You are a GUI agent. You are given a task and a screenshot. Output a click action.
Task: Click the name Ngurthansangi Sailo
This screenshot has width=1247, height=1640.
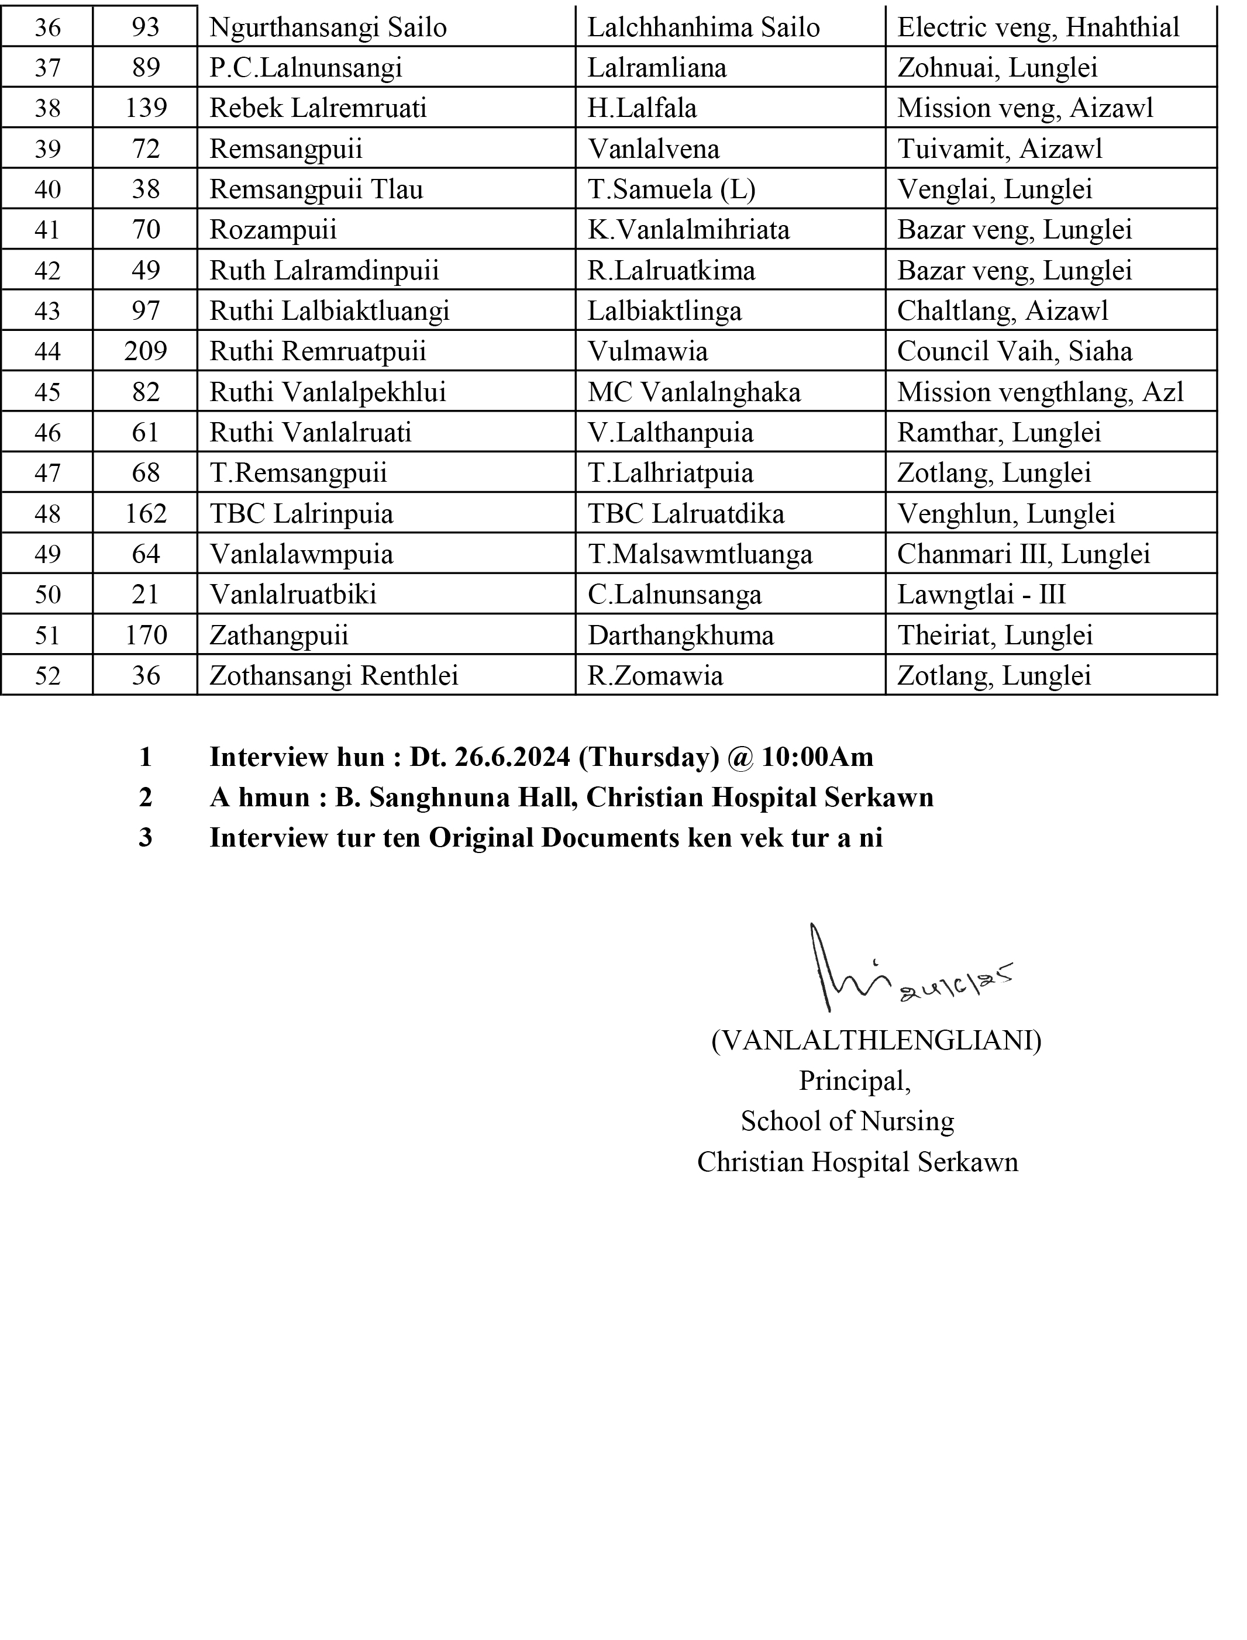(328, 27)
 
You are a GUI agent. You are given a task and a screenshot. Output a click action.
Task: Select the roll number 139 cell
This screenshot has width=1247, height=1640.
(146, 108)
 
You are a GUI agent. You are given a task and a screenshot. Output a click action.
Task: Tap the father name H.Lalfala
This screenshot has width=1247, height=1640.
(642, 108)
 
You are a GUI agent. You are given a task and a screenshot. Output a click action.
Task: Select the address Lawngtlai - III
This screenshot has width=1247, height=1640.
(981, 595)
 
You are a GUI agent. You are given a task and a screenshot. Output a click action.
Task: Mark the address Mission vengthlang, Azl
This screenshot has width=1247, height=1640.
(1041, 392)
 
